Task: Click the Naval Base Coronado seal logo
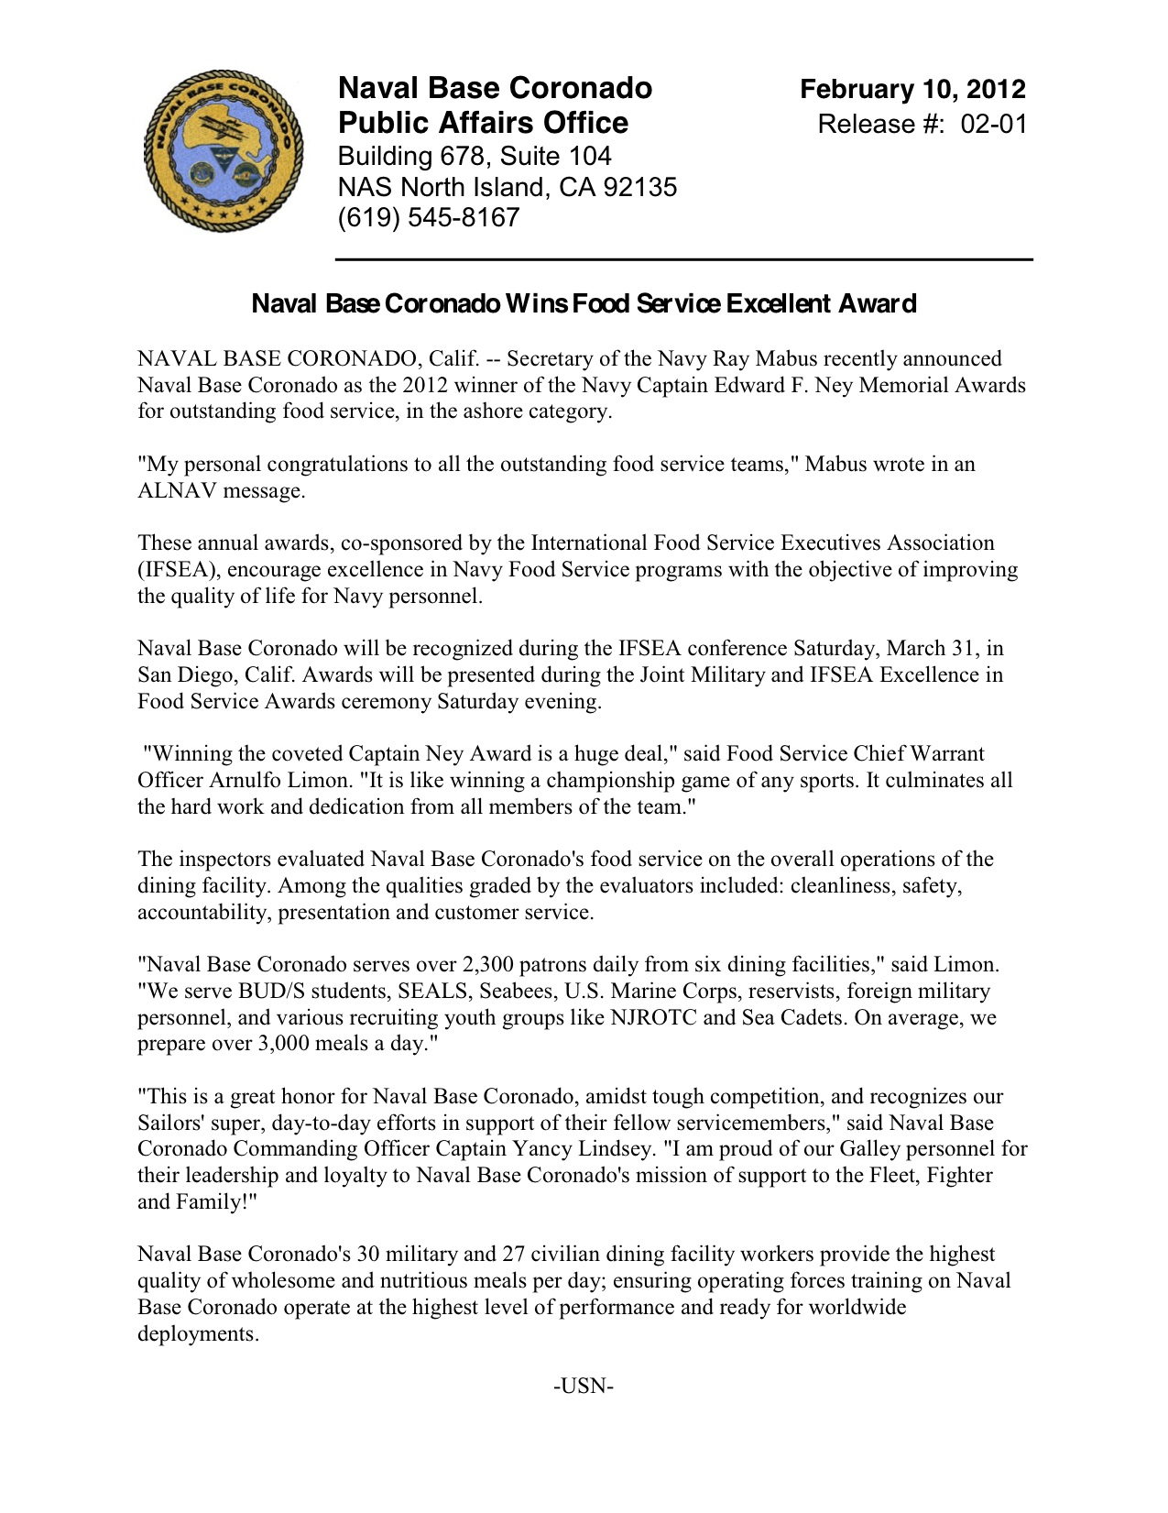pos(223,150)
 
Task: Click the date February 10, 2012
pos(912,89)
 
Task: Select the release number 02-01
pos(994,124)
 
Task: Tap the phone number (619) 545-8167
pos(429,218)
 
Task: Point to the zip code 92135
pos(640,187)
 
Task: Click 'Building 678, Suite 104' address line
pos(475,156)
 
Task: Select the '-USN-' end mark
pos(584,1386)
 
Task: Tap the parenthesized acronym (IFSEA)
pos(178,570)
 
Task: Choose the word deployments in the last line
pos(198,1334)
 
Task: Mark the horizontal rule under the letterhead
pos(684,260)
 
